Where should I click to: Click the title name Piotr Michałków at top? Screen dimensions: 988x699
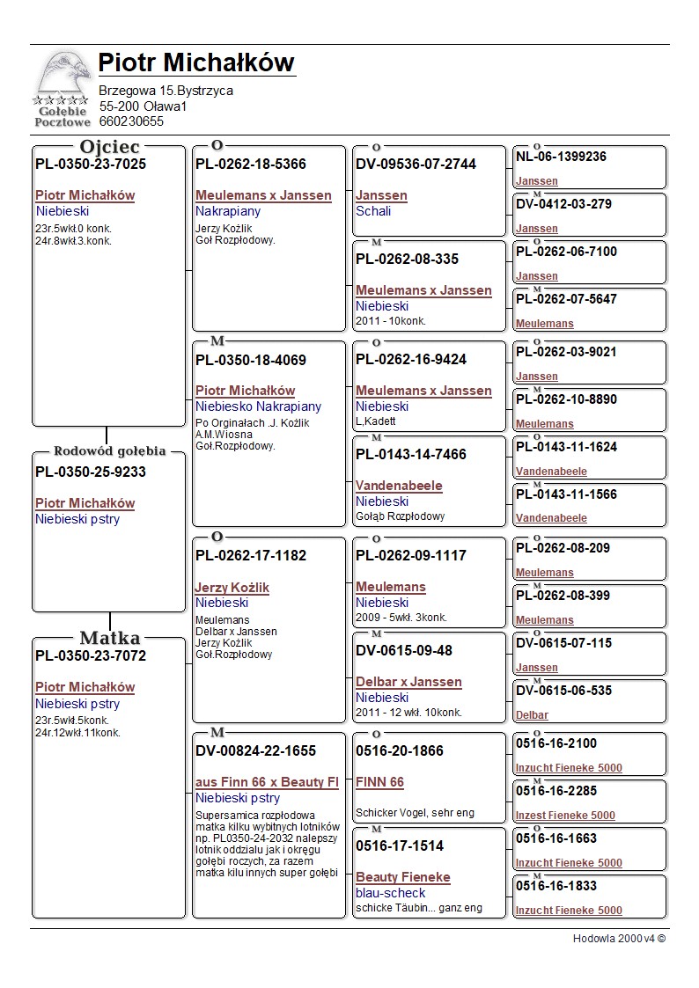point(196,62)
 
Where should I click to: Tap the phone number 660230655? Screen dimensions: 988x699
point(131,121)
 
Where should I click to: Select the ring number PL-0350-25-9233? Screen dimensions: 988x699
point(91,472)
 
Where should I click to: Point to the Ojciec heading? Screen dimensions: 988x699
point(109,147)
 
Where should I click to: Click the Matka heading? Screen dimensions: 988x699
point(109,638)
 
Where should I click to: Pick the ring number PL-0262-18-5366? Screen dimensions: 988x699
point(251,164)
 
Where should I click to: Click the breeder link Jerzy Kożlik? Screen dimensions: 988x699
point(232,588)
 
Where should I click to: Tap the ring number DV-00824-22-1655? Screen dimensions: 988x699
point(255,750)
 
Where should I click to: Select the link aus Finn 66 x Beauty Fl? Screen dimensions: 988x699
point(267,782)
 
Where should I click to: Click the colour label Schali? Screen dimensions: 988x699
point(373,211)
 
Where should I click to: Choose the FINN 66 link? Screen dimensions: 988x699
point(379,782)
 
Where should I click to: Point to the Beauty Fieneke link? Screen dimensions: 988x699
point(402,877)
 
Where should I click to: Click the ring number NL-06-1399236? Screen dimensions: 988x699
point(561,157)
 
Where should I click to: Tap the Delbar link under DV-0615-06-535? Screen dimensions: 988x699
point(532,715)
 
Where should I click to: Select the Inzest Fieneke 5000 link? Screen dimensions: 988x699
point(565,816)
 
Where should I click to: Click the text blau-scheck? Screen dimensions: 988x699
point(390,893)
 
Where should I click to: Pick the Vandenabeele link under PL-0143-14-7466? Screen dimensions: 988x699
point(399,486)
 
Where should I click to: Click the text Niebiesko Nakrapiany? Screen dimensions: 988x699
point(258,406)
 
